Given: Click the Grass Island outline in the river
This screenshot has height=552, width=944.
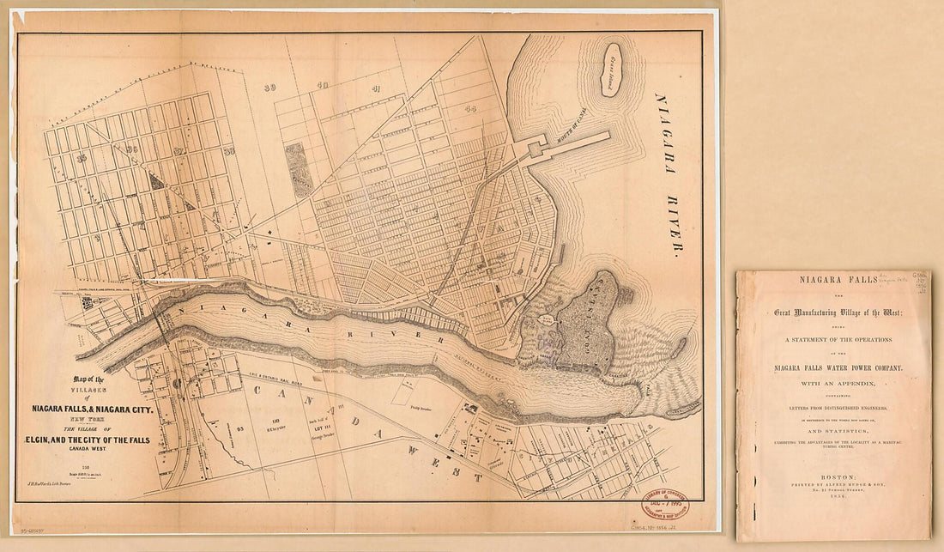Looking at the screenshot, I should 611,70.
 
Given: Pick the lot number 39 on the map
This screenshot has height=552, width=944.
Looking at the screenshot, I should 271,87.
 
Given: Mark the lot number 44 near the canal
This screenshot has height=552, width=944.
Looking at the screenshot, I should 470,109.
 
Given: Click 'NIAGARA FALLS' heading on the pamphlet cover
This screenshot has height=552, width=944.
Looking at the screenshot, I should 832,280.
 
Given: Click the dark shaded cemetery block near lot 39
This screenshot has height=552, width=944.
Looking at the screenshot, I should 296,169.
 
